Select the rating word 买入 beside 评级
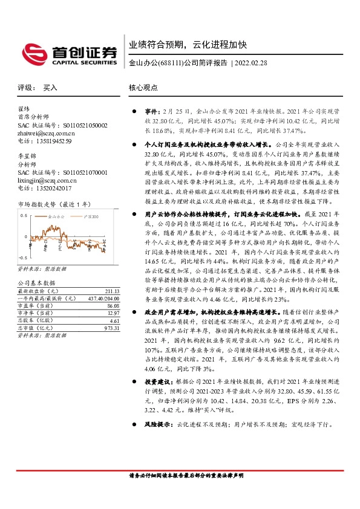click(50, 88)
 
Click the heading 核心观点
click(143, 88)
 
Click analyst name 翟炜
click(25, 109)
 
